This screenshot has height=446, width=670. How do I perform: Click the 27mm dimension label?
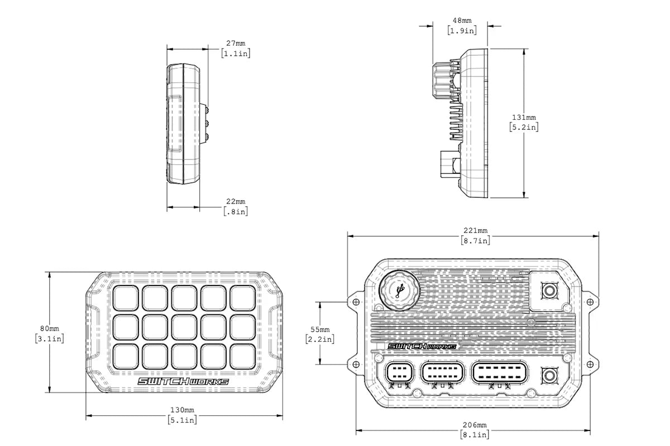(236, 43)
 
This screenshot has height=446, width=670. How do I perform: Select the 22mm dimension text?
(236, 201)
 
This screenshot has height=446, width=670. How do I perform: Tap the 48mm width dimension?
(462, 21)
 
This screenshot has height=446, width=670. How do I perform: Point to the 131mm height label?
(524, 117)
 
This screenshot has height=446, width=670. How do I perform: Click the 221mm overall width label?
(476, 230)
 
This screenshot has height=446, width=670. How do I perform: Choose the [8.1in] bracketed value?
(476, 434)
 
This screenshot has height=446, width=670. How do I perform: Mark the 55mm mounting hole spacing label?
(320, 329)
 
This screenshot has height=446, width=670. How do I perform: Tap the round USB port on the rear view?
(398, 290)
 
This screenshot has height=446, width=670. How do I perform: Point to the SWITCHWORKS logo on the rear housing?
(422, 346)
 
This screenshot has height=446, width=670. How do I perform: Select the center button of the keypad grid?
(184, 327)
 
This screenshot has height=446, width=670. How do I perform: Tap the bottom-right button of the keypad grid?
(242, 356)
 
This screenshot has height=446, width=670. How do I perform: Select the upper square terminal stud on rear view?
(549, 290)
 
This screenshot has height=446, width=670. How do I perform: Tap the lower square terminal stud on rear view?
(549, 375)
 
